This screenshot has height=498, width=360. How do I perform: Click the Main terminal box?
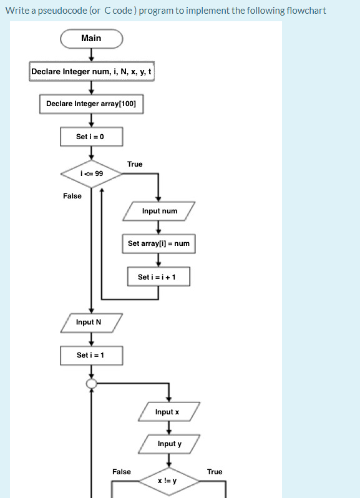point(91,39)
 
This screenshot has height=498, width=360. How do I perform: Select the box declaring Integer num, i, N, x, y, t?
point(91,72)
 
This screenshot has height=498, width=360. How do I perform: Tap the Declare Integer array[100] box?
point(91,104)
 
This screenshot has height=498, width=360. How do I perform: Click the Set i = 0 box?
point(91,137)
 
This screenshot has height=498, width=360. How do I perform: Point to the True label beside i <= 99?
point(135,164)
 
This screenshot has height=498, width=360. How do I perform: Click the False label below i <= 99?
point(72,196)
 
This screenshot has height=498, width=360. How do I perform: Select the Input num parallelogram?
point(159,211)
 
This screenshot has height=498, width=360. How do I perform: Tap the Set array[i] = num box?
point(158,243)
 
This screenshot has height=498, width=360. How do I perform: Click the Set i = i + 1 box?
point(158,276)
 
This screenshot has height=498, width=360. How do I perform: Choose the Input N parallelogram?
point(91,322)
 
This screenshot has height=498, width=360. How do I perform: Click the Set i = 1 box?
point(91,355)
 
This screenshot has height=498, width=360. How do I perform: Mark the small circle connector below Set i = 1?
point(92,384)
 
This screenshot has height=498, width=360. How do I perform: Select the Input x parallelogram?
point(167,412)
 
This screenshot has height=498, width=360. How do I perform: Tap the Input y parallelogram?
point(169,444)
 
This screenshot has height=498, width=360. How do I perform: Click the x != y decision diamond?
point(167,481)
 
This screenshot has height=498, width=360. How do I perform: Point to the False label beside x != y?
point(122,472)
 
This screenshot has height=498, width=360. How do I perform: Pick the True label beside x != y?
point(215,472)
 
